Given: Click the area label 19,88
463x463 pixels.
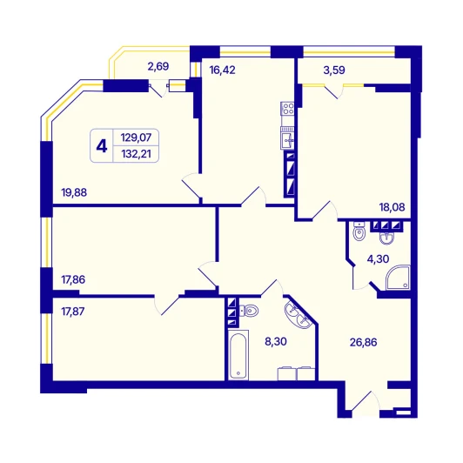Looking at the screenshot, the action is (74, 192).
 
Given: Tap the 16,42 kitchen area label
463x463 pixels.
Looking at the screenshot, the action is (222, 70).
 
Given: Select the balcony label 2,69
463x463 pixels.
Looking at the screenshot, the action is (158, 66).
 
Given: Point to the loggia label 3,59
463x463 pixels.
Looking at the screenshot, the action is (334, 70).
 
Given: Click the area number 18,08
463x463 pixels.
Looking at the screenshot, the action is (393, 207).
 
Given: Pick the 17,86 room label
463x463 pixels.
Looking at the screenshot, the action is (73, 279).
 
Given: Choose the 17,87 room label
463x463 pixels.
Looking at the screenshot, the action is (73, 312).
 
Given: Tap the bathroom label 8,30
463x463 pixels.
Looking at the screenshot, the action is (276, 341).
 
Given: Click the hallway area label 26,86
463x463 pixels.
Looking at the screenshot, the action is (364, 342).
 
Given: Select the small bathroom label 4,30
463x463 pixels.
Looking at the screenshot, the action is (378, 259).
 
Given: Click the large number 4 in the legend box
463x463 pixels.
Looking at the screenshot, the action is (102, 146).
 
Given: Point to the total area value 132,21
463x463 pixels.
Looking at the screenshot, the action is (136, 153).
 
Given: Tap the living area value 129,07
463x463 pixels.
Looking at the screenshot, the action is (136, 138).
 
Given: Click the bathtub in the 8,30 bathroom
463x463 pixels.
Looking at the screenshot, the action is (238, 355).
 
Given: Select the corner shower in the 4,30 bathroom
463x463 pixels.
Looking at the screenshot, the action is (399, 278).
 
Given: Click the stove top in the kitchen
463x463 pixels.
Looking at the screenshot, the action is (287, 109).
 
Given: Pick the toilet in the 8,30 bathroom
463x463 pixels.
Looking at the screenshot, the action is (249, 311).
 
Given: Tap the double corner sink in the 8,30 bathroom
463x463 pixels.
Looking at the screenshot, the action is (298, 315).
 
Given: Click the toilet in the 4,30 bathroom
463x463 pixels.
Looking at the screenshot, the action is (359, 231).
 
